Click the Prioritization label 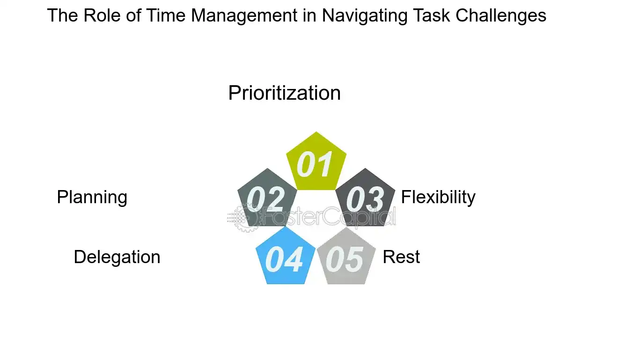click(284, 93)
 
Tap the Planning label click(92, 197)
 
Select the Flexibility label click(438, 197)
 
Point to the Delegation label click(117, 257)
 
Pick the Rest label click(401, 257)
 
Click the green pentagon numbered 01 click(316, 163)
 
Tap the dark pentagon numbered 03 click(366, 199)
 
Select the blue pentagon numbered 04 click(285, 259)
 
